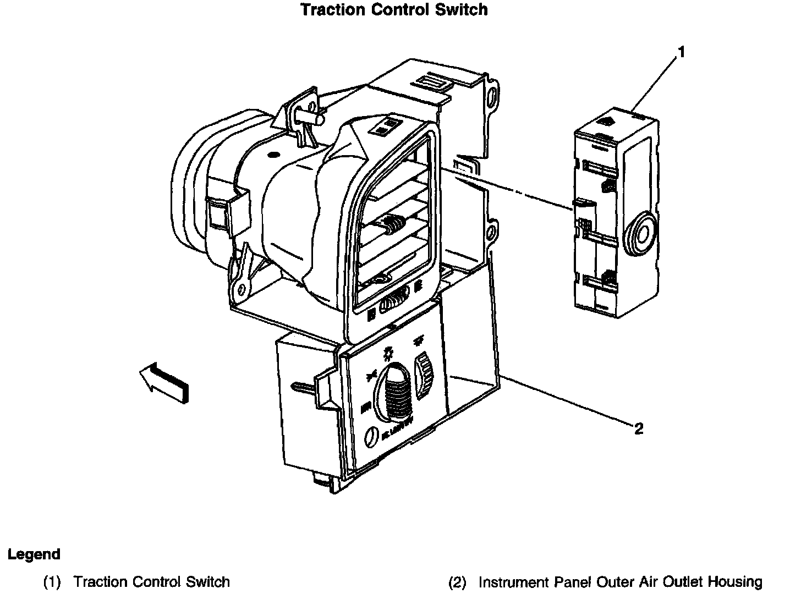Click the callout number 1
tap(681, 52)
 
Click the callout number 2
tap(638, 428)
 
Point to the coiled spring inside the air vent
tap(393, 224)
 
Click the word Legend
tap(34, 554)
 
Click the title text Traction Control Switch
tap(394, 10)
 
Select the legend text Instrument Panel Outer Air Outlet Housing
tap(621, 582)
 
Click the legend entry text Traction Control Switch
tap(152, 582)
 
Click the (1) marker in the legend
tap(52, 582)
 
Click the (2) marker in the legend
tap(457, 582)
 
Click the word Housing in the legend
tap(735, 582)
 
